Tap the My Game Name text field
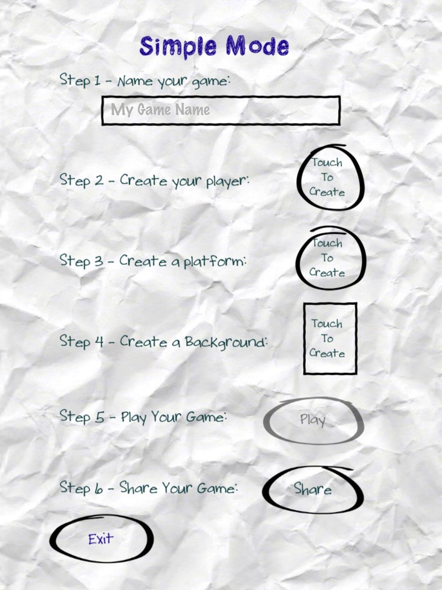click(221, 110)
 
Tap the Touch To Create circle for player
click(328, 177)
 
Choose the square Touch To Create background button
click(330, 339)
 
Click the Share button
click(313, 489)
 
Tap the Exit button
click(101, 539)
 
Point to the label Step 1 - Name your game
click(145, 81)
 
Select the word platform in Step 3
click(215, 262)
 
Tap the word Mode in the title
click(257, 46)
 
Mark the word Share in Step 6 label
click(139, 488)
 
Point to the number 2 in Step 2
click(99, 181)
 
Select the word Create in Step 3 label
click(143, 261)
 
